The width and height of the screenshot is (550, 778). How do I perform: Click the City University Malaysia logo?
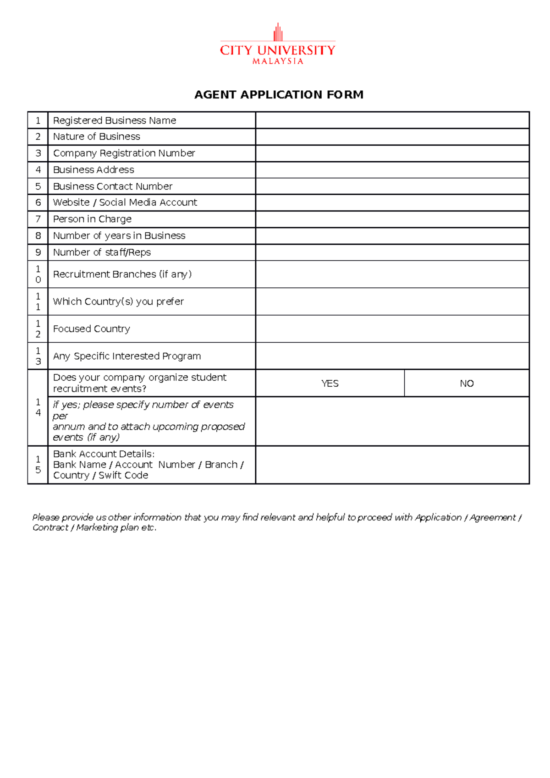click(278, 45)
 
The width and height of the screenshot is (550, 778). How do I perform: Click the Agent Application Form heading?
click(279, 95)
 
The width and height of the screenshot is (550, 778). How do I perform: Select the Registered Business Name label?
click(115, 121)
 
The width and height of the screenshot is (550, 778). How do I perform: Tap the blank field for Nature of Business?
click(392, 137)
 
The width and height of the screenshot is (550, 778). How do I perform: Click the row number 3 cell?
click(38, 153)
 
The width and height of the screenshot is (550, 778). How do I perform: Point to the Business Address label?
click(93, 170)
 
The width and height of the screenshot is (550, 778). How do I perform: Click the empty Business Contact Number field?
click(392, 186)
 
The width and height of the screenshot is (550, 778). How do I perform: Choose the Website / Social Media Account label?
click(125, 203)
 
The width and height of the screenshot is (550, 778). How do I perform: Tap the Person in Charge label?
click(92, 219)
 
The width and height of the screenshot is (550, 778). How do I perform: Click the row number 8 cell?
click(38, 236)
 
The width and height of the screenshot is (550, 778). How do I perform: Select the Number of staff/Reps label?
click(102, 252)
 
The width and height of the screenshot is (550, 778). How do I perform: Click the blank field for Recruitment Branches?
click(392, 274)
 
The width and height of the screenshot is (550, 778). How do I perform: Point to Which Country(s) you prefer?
click(118, 301)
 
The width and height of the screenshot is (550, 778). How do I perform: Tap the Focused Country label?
click(92, 329)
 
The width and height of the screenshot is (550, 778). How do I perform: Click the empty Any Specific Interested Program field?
click(392, 356)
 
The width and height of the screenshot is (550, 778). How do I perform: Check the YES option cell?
click(330, 384)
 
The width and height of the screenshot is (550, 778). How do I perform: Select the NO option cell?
click(467, 384)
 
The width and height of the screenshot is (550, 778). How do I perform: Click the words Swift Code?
click(123, 476)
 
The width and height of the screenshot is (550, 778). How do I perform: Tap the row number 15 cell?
click(38, 465)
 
